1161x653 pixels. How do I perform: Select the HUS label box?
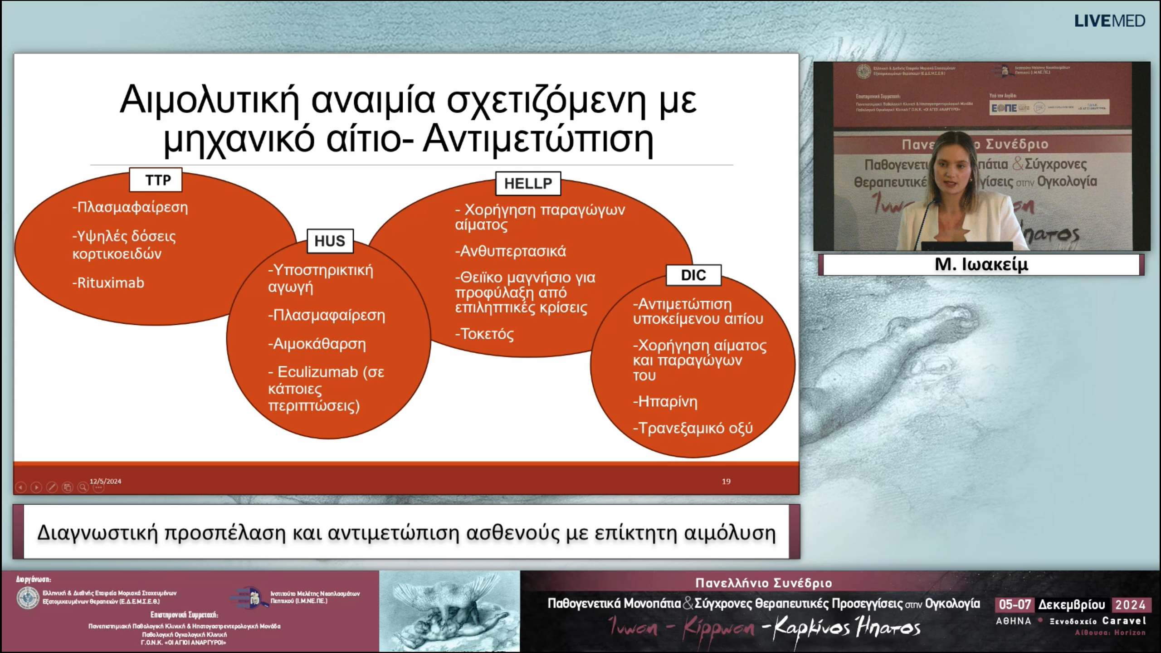coord(330,241)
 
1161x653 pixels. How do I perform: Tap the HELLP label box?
coord(528,184)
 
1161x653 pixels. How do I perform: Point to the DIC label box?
coord(693,275)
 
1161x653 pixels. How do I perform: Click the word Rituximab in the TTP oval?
coord(111,283)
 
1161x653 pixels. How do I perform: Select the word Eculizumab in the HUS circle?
coord(317,372)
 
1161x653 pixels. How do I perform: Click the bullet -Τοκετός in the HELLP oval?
coord(484,334)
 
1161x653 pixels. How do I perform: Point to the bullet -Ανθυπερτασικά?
coord(511,251)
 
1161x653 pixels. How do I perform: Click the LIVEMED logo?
coord(1109,21)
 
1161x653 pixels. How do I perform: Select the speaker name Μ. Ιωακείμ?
coord(981,264)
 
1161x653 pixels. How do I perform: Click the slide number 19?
coord(726,481)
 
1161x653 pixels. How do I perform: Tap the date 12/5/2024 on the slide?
coord(105,481)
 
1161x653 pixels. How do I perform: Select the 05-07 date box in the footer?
coord(1015,604)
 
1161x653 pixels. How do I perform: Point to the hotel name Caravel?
coord(1124,621)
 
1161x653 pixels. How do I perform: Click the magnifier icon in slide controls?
coord(83,487)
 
